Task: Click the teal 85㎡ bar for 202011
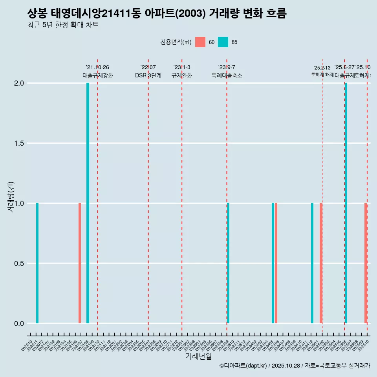37,263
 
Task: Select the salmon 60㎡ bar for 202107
80,263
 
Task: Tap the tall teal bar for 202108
88,203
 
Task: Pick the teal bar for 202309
229,263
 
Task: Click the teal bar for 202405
273,263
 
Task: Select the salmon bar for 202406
276,263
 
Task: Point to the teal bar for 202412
312,263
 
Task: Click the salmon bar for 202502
321,263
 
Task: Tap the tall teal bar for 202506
346,203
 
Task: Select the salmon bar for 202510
366,263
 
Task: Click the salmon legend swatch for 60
200,42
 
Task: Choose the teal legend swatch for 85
223,42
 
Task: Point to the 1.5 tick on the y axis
19,143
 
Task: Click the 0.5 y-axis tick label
19,264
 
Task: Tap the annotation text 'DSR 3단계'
148,75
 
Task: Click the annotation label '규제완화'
182,75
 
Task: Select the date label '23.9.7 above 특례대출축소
227,67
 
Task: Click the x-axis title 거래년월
198,356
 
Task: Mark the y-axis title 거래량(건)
11,196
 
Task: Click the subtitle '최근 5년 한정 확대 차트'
63,25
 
